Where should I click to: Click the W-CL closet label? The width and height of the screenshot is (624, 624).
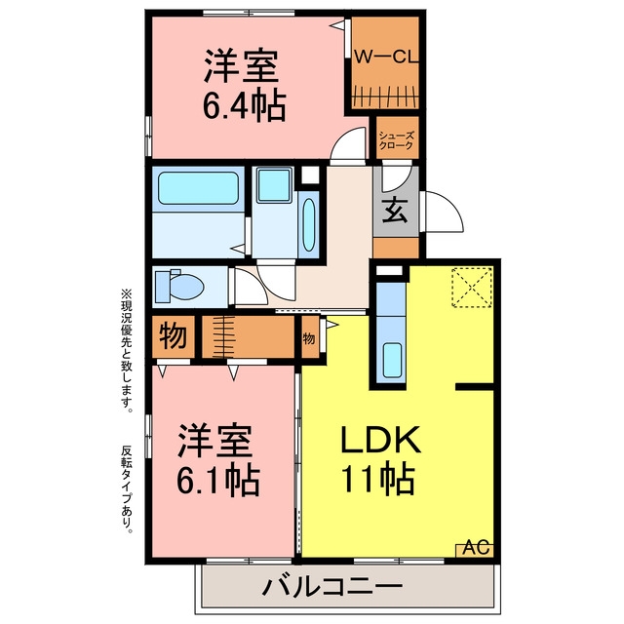[x=386, y=57]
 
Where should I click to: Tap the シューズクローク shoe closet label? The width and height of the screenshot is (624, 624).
[x=397, y=140]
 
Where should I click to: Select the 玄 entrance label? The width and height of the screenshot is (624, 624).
[x=394, y=211]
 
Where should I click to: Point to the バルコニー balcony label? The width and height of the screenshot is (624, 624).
[x=332, y=586]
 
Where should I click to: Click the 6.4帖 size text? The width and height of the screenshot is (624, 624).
[x=245, y=106]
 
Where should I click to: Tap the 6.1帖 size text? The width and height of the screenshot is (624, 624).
[x=218, y=480]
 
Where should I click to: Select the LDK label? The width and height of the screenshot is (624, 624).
[x=380, y=440]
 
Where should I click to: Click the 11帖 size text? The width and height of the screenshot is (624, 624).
[x=378, y=479]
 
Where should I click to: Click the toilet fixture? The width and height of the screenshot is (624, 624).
[x=179, y=286]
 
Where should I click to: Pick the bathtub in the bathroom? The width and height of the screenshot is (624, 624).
[x=198, y=188]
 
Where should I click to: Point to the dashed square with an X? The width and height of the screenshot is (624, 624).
[x=472, y=287]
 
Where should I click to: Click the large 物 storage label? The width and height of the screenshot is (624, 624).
[x=174, y=336]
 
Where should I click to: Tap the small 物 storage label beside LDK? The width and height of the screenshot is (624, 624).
[x=309, y=338]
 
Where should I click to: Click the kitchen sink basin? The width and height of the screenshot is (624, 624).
[x=392, y=360]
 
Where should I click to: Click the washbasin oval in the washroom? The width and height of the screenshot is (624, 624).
[x=309, y=225]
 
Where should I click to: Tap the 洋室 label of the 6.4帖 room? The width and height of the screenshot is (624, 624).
[x=241, y=65]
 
